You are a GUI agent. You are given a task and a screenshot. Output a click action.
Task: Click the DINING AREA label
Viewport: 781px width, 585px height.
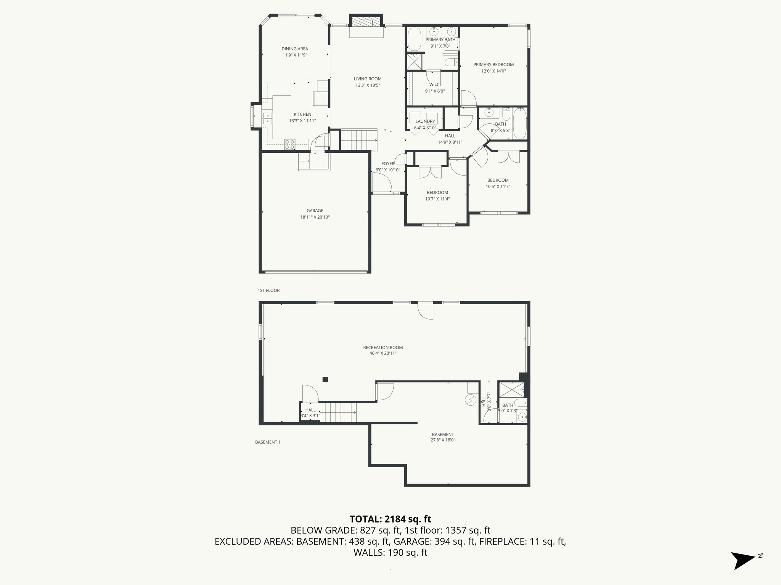[295, 49]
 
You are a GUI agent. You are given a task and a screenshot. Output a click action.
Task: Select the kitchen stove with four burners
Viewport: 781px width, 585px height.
[289, 144]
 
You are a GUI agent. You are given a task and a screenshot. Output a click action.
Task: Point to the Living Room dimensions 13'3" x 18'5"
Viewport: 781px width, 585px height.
[368, 85]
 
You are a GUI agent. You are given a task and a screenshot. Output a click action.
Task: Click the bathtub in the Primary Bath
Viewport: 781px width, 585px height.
[413, 39]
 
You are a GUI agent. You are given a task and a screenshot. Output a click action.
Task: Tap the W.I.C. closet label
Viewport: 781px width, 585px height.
[435, 85]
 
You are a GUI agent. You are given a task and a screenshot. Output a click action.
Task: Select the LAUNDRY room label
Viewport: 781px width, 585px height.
[425, 121]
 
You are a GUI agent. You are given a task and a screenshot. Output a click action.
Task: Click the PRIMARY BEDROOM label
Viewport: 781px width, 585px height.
[493, 65]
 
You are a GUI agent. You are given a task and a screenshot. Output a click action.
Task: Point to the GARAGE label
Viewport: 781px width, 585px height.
[315, 211]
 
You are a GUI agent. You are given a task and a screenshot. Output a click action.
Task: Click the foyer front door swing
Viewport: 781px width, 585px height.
[381, 183]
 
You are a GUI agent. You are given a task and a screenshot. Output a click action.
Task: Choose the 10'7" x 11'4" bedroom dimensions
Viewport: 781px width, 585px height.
[437, 199]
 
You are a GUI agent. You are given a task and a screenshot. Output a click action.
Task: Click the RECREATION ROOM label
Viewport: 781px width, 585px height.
[383, 347]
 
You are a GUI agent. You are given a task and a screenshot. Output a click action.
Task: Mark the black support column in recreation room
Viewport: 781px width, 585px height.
[325, 379]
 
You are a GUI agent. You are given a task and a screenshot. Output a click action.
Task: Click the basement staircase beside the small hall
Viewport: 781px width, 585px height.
[337, 412]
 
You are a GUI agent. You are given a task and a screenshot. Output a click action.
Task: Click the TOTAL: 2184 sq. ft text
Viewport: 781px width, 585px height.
[390, 519]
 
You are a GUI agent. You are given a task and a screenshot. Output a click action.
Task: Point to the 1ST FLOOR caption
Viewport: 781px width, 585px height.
[268, 290]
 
